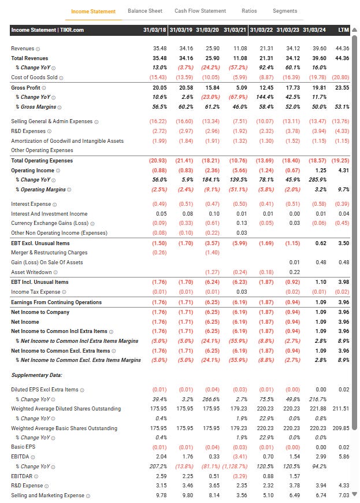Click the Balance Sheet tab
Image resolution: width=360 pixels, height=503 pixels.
[145, 11]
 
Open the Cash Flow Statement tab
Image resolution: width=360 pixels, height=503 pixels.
[201, 11]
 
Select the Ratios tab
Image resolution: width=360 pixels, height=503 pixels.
[250, 11]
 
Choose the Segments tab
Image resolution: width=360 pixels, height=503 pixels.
[285, 11]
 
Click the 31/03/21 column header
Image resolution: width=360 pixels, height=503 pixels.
[236, 29]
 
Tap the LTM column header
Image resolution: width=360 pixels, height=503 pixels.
[344, 29]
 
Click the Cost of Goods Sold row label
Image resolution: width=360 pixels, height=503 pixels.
[34, 77]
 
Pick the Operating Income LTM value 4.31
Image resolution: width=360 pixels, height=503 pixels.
[344, 171]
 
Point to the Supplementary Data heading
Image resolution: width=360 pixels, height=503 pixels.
[36, 375]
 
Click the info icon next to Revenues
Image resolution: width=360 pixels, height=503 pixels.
[38, 49]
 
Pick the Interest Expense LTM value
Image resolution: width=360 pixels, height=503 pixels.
[343, 204]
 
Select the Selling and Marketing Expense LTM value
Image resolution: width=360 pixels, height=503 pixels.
[344, 495]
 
